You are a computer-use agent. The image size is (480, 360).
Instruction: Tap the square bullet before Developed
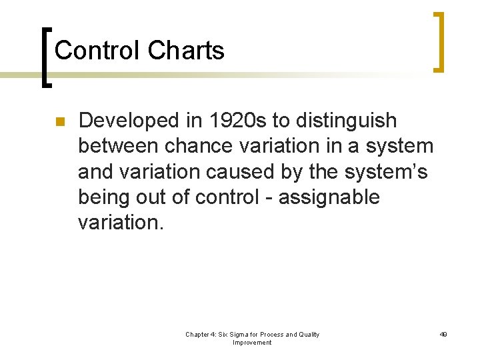point(59,122)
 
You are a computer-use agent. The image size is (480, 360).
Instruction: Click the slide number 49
point(443,335)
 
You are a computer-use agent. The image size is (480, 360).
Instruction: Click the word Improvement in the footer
point(252,343)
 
